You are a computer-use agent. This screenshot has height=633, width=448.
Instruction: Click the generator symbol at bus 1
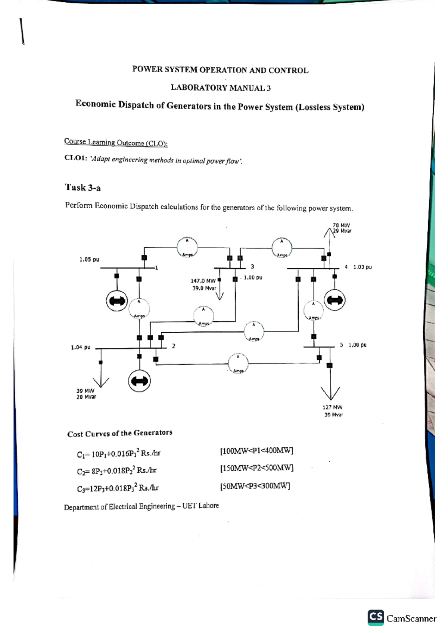coord(117,300)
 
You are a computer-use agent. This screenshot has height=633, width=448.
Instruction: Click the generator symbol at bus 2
coord(139,381)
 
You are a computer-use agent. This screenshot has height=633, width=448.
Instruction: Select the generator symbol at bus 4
coord(335,300)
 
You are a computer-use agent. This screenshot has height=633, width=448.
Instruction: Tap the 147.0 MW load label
coord(203,281)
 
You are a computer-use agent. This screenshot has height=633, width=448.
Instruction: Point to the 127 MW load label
coord(332,407)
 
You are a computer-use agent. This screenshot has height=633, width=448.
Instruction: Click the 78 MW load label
coord(341,225)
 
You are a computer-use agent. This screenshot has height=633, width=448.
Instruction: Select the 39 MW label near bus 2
coord(85,391)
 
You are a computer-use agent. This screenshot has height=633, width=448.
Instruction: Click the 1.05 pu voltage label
coord(89,259)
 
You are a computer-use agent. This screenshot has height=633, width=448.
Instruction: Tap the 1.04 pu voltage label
coord(81,347)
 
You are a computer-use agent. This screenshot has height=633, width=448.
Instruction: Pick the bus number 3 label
coord(252,267)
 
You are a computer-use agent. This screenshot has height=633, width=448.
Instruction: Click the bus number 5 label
coord(341,345)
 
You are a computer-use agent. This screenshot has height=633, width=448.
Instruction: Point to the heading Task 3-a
coord(83,188)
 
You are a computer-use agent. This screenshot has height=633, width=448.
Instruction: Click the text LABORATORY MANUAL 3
coord(221,88)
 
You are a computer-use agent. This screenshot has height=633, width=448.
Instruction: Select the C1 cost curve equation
coord(119,454)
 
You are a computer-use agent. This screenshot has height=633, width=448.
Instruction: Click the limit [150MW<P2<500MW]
coord(257,468)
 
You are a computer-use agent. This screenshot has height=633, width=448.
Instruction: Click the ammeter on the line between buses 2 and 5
coord(238,363)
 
